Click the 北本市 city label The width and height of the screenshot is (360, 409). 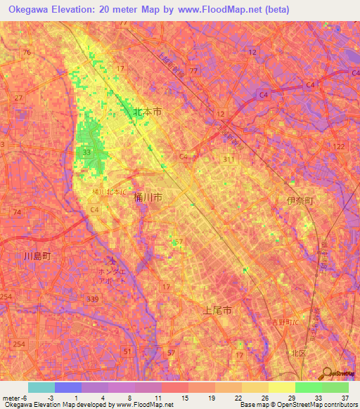147,112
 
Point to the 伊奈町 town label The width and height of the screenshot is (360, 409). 300,202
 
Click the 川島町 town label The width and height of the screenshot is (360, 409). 37,257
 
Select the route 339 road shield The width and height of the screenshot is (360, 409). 92,300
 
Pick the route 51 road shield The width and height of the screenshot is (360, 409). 127,351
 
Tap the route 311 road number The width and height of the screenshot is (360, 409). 229,160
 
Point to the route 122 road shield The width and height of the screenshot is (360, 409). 340,146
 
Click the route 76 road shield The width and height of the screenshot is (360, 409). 27,53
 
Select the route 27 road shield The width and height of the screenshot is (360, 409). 18,98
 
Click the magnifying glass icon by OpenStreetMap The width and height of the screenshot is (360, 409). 328,372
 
